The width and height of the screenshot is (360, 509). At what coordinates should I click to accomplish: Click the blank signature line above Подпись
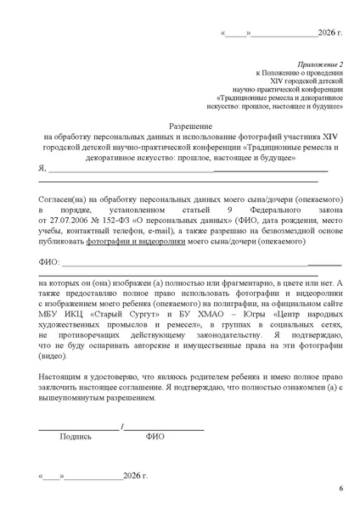tap(78, 425)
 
